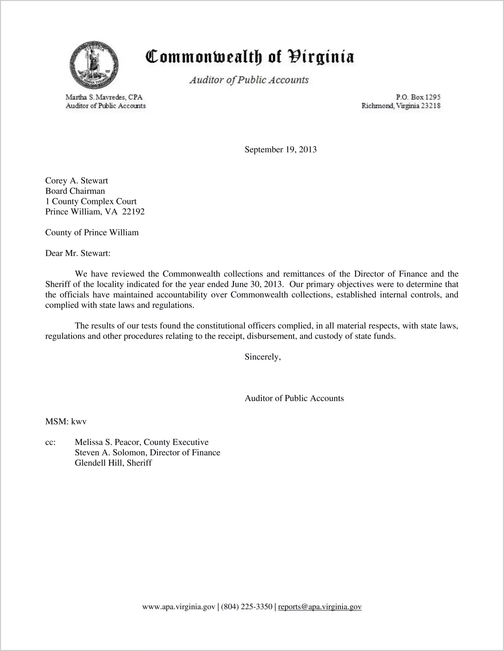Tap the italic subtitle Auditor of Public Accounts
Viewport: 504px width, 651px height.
coord(249,80)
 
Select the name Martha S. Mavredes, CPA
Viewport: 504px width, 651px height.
coord(104,97)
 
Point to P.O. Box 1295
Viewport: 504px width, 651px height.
coord(418,97)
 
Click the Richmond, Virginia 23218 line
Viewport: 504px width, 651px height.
coord(401,106)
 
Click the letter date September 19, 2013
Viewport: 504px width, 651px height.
coord(281,149)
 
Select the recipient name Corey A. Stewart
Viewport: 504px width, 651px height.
coord(77,181)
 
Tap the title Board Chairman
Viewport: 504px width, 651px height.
coord(75,191)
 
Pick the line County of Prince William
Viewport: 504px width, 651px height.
coord(92,233)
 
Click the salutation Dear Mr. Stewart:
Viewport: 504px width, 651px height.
coord(78,254)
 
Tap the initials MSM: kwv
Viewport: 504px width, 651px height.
coord(66,422)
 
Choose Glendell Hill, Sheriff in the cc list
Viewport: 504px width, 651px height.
coord(113,463)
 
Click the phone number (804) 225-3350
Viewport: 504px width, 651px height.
coord(247,607)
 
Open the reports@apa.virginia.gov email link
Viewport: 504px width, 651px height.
coord(320,607)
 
